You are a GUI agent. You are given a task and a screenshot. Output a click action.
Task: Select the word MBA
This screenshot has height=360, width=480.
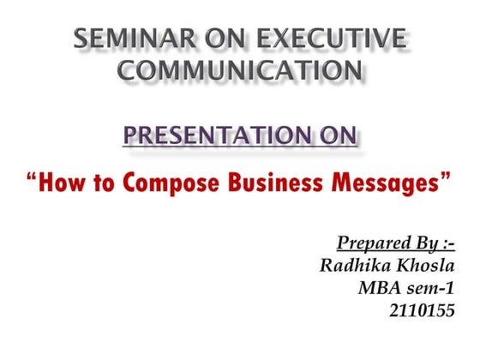coord(380,288)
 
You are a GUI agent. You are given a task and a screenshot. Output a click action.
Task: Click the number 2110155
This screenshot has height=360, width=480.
coord(422,309)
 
